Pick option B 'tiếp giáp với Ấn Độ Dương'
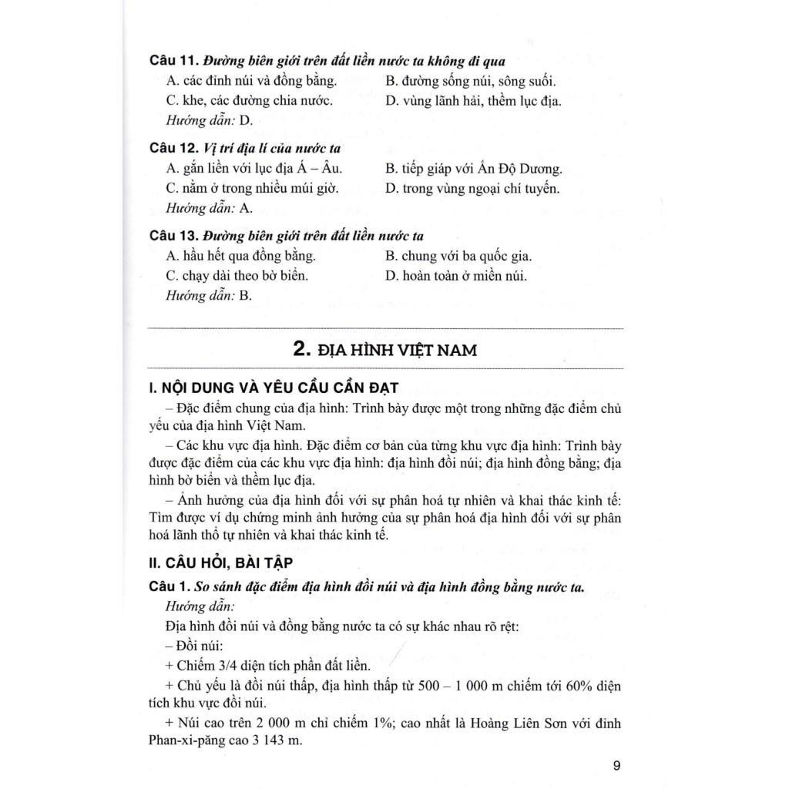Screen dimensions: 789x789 473,168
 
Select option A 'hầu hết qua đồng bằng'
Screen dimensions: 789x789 240,256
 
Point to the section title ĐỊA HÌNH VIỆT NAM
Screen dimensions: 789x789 385,350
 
